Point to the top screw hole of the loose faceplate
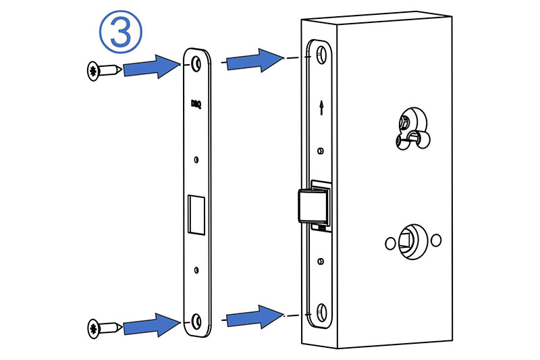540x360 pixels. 196,63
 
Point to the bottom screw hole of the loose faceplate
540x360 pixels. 196,319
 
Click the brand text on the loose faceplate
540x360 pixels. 196,104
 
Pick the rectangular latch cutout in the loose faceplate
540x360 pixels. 196,215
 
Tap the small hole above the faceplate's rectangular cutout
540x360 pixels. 196,160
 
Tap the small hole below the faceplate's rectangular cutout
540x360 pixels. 196,271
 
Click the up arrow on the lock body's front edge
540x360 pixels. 321,107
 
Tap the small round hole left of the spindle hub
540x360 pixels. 388,241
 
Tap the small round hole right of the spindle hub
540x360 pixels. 435,239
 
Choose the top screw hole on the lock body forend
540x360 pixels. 321,55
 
